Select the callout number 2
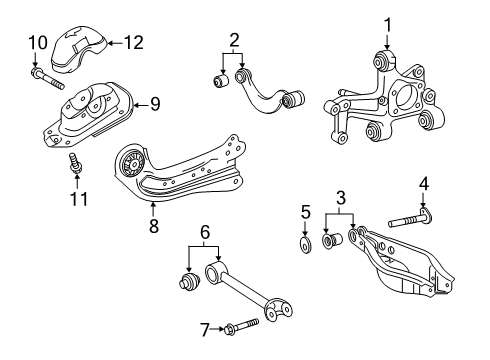(x=234, y=42)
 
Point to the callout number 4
(x=423, y=184)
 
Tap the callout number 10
(x=37, y=42)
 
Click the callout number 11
(x=78, y=199)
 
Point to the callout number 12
(x=133, y=42)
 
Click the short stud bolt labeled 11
(x=75, y=164)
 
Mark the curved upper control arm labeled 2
(x=265, y=92)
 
